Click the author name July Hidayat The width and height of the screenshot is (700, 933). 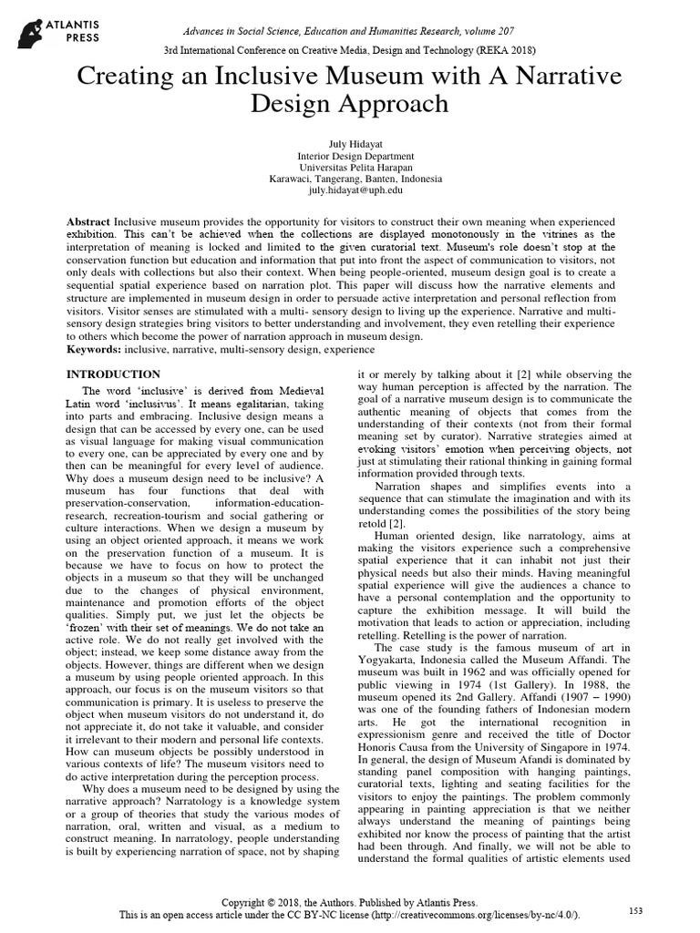349,144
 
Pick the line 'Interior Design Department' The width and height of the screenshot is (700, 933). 349,156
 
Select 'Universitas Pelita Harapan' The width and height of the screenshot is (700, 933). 349,168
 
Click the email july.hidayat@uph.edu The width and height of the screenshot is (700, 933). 349,191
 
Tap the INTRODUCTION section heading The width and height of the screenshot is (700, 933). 114,374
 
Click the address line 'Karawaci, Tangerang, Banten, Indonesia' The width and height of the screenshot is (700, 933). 349,179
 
